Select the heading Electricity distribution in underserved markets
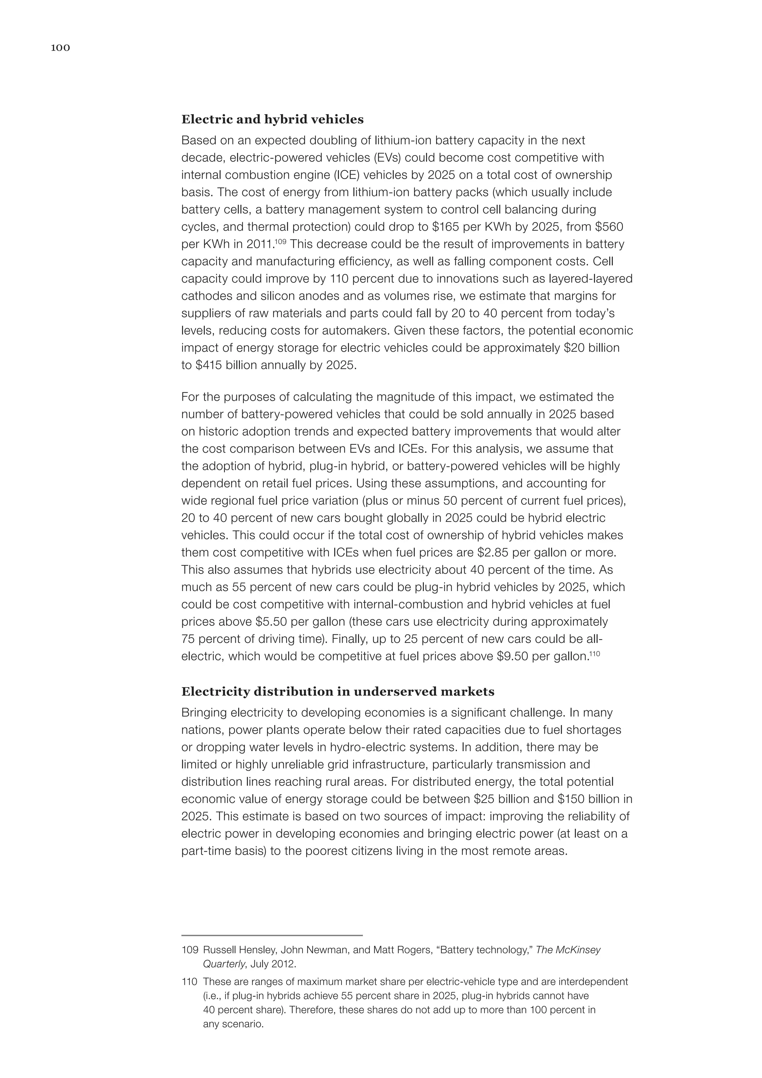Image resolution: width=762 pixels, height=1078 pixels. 337,692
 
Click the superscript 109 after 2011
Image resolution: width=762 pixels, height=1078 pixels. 281,241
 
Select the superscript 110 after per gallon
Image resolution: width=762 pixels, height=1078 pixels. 595,653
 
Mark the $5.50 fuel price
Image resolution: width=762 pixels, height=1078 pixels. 271,622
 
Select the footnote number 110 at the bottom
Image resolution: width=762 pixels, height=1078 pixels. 189,982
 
